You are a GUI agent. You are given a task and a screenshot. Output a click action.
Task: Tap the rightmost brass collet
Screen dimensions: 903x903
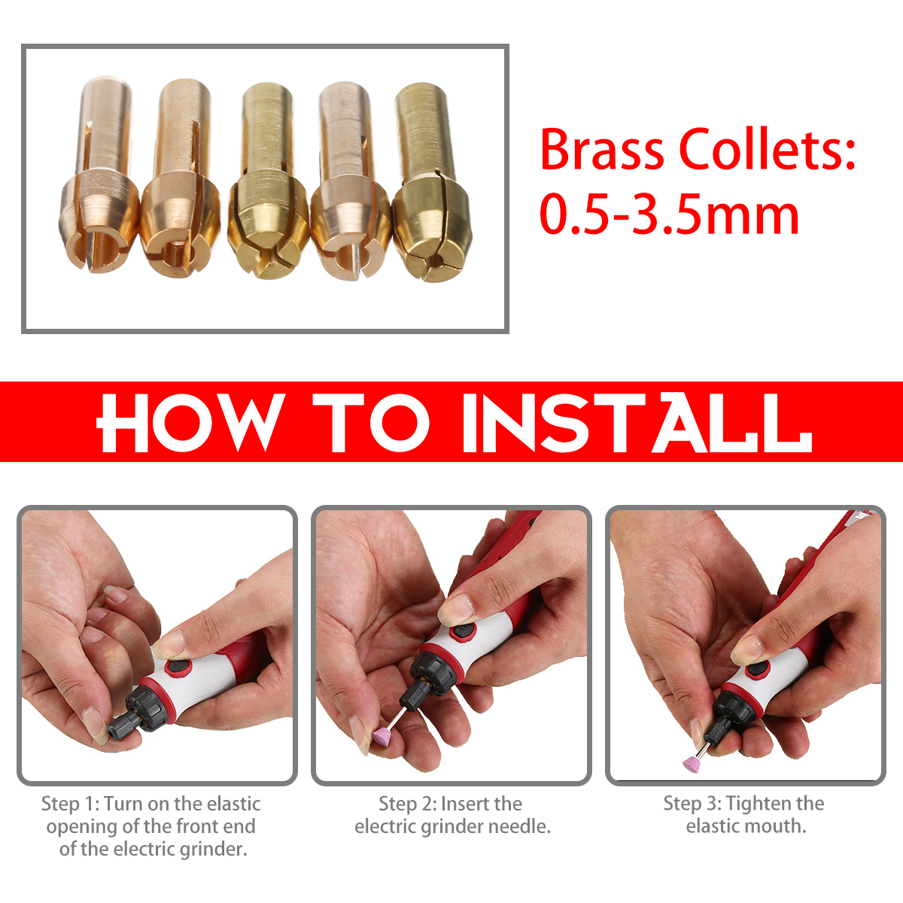431,183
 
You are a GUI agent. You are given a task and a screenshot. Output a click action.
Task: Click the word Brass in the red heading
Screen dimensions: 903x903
602,149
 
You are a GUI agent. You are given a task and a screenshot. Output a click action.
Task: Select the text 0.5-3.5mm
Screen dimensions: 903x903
669,215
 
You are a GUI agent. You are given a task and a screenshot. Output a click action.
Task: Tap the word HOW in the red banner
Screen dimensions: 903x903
190,422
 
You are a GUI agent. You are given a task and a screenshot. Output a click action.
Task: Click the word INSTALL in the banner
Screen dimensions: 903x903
637,422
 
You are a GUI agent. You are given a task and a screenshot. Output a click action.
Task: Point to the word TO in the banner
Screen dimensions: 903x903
371,422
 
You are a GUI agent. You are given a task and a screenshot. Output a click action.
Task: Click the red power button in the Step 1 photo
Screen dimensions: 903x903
178,667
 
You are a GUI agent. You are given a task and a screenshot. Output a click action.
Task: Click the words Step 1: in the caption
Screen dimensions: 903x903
70,804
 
